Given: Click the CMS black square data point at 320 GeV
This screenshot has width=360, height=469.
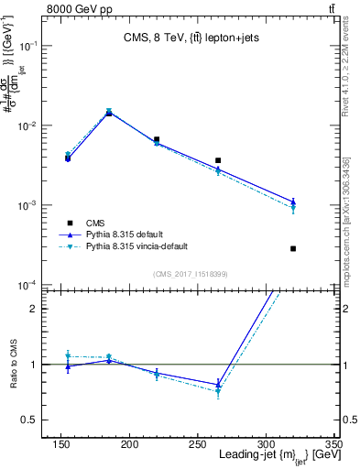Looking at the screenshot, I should [x=293, y=248].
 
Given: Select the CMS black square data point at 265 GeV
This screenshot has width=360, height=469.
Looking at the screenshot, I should [x=218, y=160].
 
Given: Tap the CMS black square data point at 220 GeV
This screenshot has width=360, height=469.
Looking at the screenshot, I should [x=157, y=139].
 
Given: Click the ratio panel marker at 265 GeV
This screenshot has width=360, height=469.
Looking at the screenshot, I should [x=218, y=386].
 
